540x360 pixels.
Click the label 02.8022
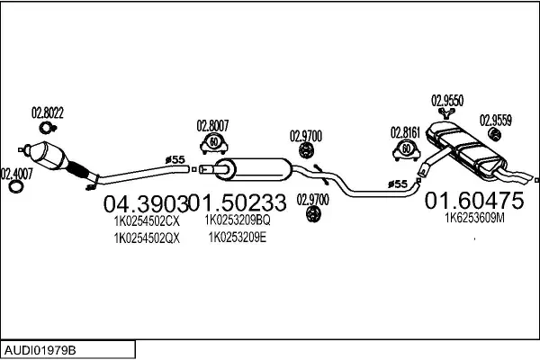[x=48, y=113]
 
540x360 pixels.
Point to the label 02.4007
[x=16, y=173]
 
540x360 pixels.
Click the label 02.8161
[x=406, y=131]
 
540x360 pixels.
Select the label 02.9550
[x=447, y=101]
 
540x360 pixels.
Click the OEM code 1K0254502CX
[x=147, y=220]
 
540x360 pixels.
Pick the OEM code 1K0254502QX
[x=147, y=238]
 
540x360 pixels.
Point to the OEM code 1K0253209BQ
[x=238, y=220]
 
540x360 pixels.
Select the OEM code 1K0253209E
[x=238, y=238]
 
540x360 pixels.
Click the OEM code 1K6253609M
[x=474, y=217]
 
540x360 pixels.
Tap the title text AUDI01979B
[x=40, y=347]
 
